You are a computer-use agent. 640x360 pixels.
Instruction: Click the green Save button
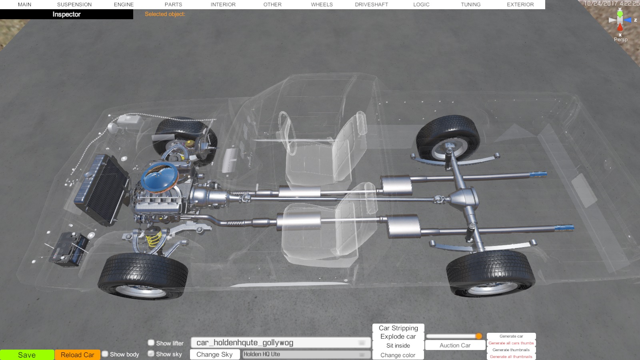pyautogui.click(x=27, y=355)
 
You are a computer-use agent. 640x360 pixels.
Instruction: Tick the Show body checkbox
pyautogui.click(x=105, y=354)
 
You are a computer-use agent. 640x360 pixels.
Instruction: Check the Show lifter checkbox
pyautogui.click(x=151, y=342)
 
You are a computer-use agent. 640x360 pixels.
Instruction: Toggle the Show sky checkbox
pyautogui.click(x=151, y=354)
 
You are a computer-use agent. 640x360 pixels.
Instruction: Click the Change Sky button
pyautogui.click(x=214, y=354)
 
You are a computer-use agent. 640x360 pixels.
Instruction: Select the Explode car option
pyautogui.click(x=398, y=336)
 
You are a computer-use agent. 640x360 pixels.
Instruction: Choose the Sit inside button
pyautogui.click(x=398, y=346)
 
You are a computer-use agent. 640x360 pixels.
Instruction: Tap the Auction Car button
pyautogui.click(x=455, y=345)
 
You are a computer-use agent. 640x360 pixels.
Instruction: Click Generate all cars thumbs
pyautogui.click(x=511, y=343)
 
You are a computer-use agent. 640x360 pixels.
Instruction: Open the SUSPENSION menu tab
pyautogui.click(x=74, y=4)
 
